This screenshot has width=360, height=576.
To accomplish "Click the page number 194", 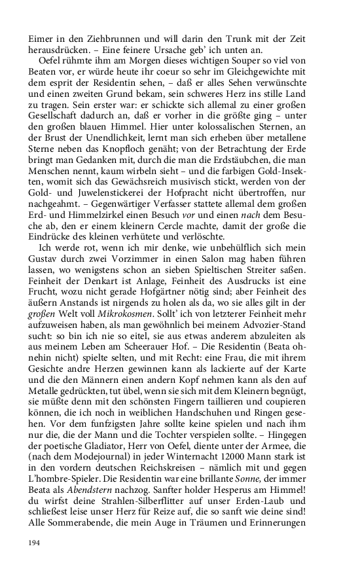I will point(34,543).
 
